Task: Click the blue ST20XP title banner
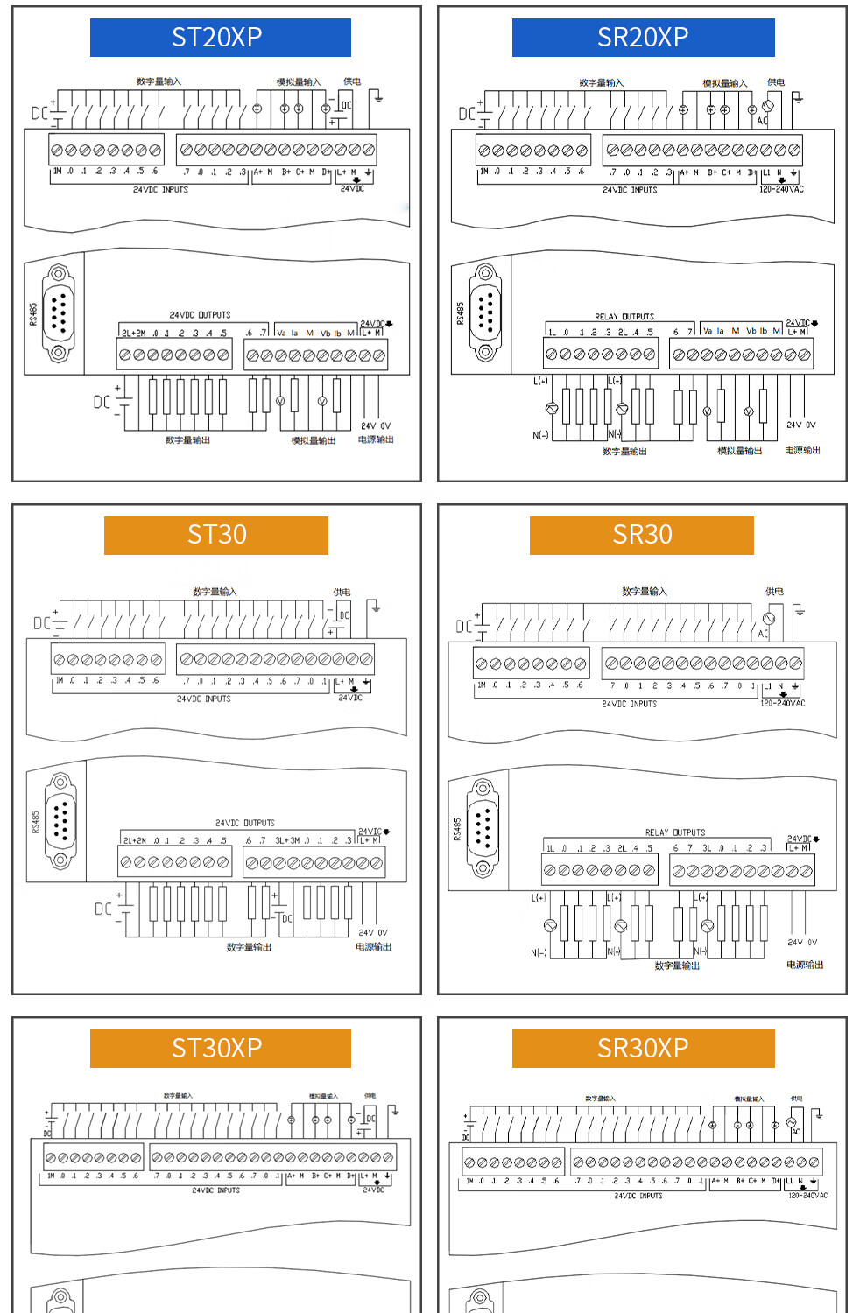point(220,38)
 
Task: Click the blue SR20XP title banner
point(643,38)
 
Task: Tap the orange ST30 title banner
point(215,535)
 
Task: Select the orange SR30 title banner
point(641,535)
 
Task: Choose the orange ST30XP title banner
point(220,1048)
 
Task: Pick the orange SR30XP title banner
point(643,1048)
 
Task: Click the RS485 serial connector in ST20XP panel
point(59,313)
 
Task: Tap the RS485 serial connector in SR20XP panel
point(485,312)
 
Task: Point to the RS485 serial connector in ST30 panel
point(61,820)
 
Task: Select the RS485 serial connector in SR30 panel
point(483,827)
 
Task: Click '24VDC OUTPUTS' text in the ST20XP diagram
point(200,315)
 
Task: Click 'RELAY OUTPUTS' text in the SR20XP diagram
point(624,317)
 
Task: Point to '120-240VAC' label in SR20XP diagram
point(781,189)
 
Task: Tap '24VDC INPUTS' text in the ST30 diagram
point(204,699)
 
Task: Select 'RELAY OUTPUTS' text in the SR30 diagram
point(675,832)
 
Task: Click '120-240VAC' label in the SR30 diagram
point(782,703)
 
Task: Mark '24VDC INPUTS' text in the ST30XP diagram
point(215,1190)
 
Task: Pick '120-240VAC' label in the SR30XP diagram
point(807,1195)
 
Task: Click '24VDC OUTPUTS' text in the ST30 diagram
point(245,823)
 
